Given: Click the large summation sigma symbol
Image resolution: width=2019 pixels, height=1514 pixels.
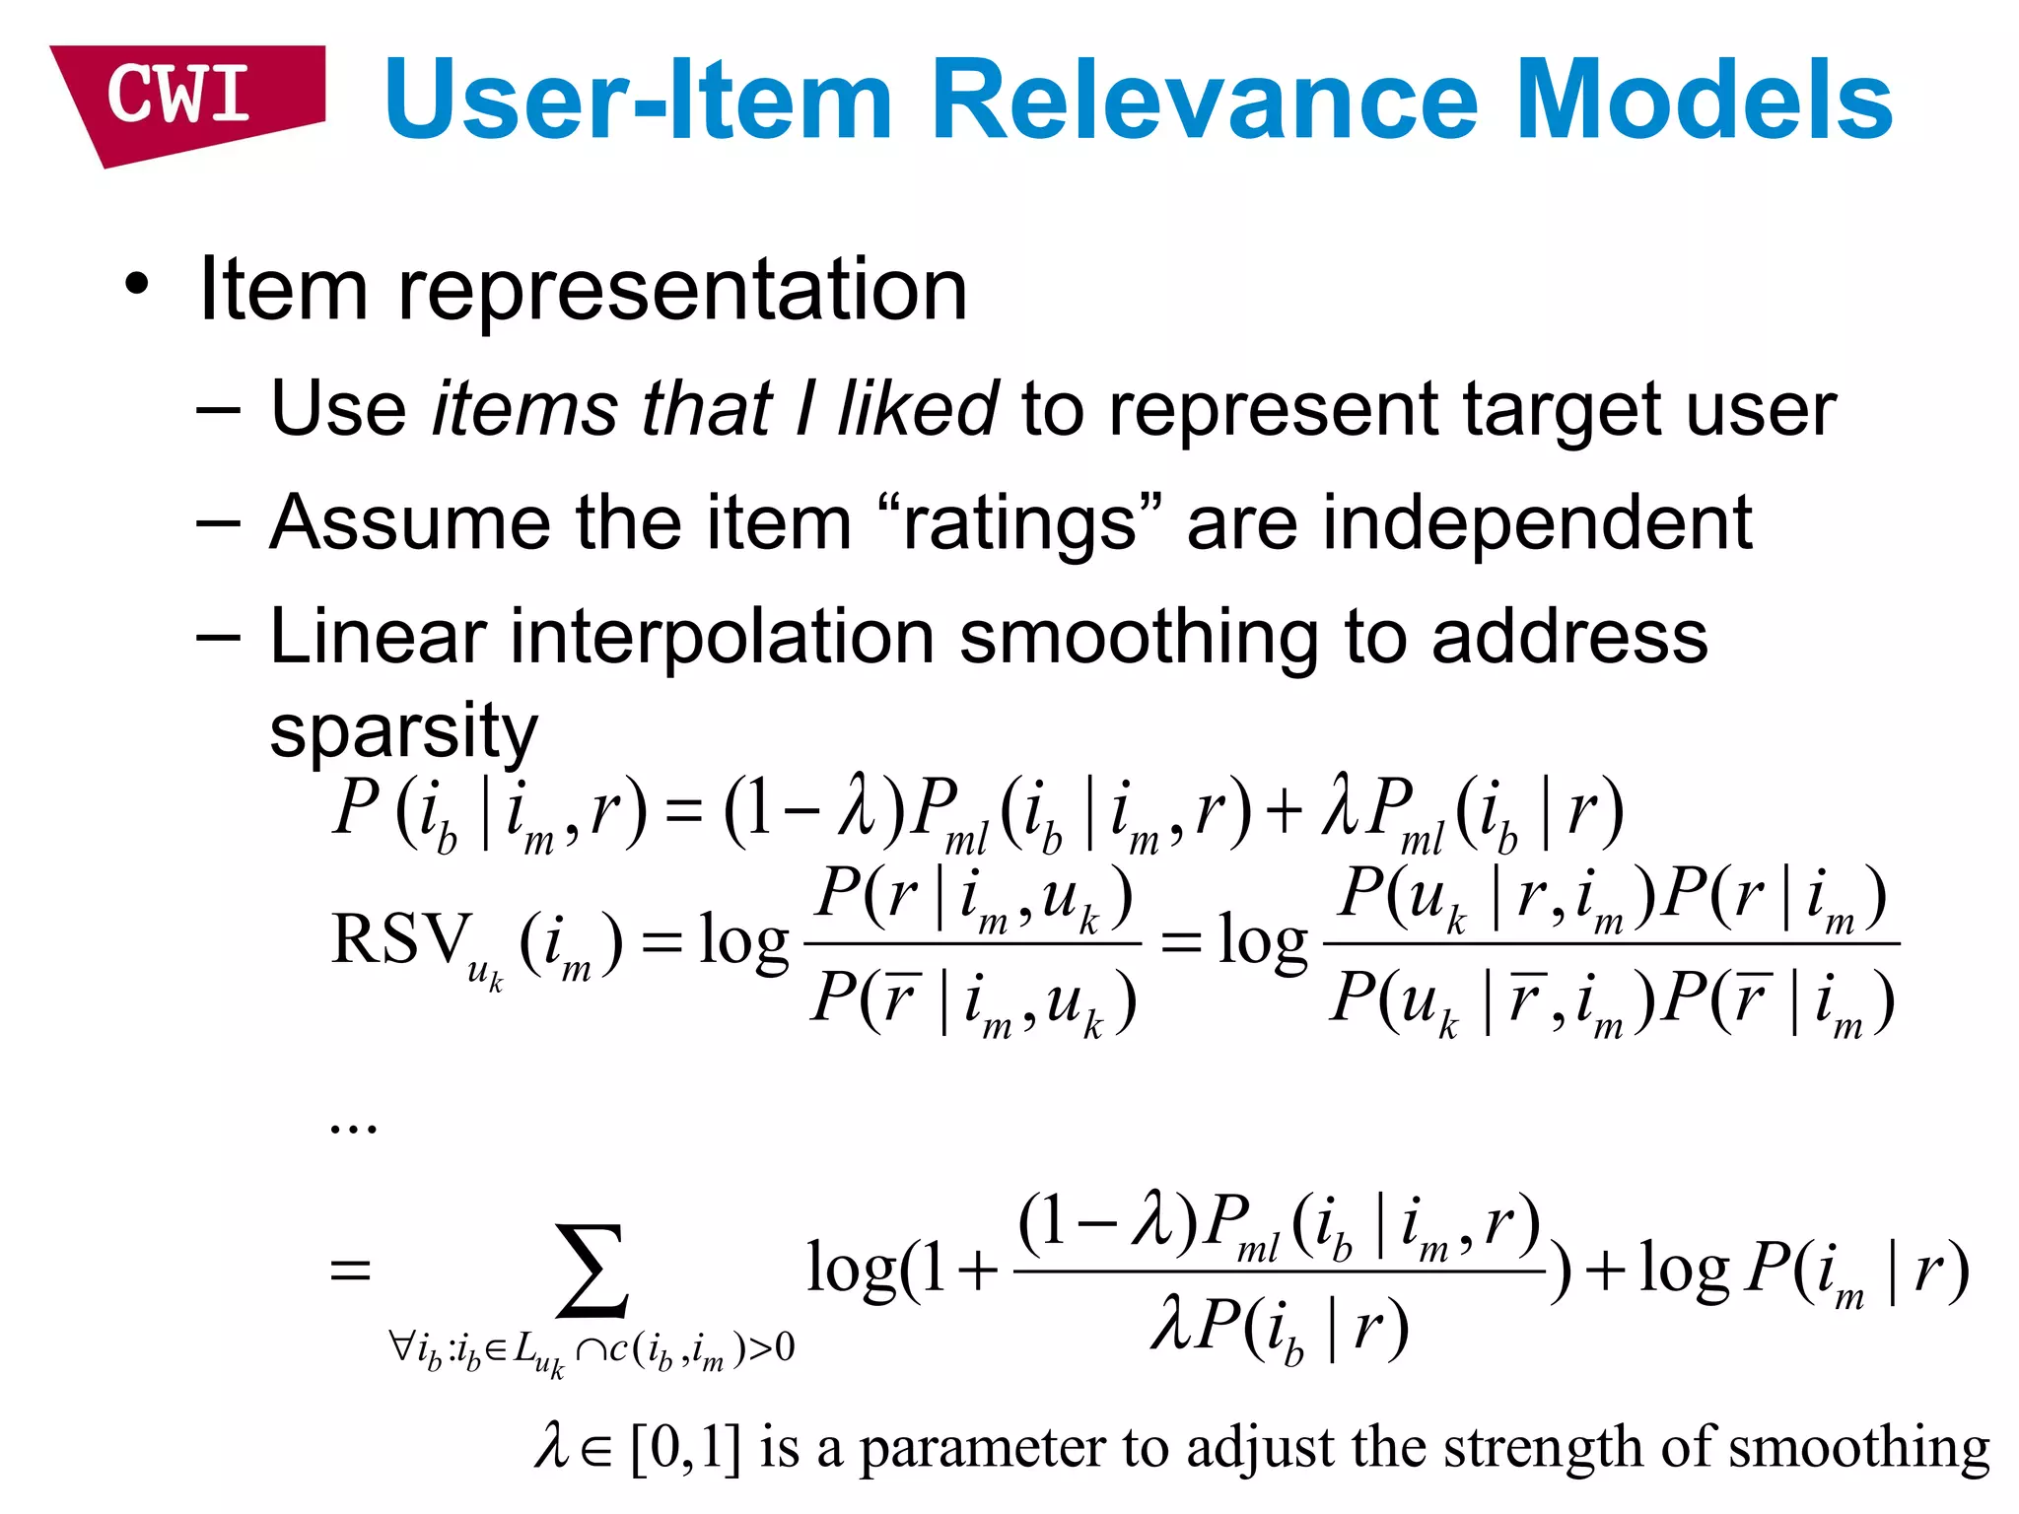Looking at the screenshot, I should [592, 1272].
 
